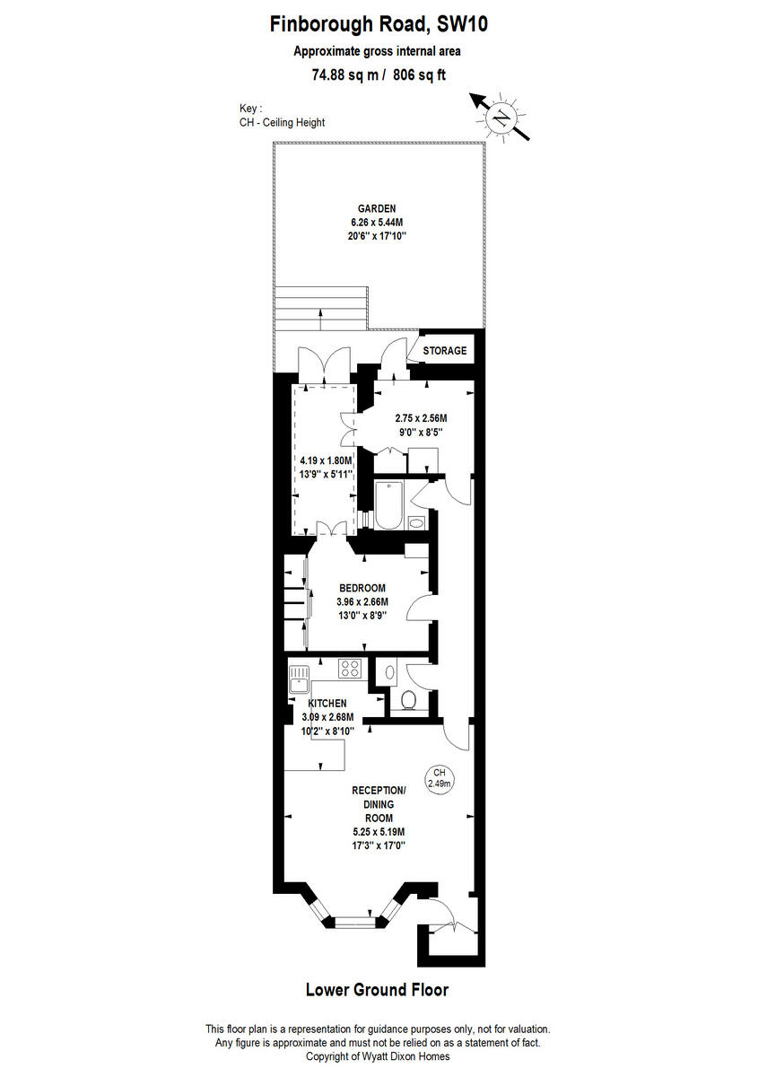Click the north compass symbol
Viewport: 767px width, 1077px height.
tap(502, 118)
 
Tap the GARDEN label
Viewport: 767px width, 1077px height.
tap(377, 208)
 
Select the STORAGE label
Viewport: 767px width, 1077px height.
tap(445, 350)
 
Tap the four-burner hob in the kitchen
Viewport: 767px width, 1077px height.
tap(350, 669)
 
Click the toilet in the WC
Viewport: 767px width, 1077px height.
tap(409, 700)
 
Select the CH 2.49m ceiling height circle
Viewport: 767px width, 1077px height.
tap(440, 777)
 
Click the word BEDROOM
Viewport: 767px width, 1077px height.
tap(362, 588)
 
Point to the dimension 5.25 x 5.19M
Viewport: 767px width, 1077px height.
tap(379, 831)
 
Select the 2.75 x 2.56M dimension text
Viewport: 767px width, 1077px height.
tap(422, 418)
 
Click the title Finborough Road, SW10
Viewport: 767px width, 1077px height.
tap(379, 25)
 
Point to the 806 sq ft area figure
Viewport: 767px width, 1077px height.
tap(418, 75)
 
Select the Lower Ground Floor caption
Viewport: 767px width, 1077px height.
tap(377, 990)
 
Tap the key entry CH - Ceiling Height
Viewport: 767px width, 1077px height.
tap(282, 122)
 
